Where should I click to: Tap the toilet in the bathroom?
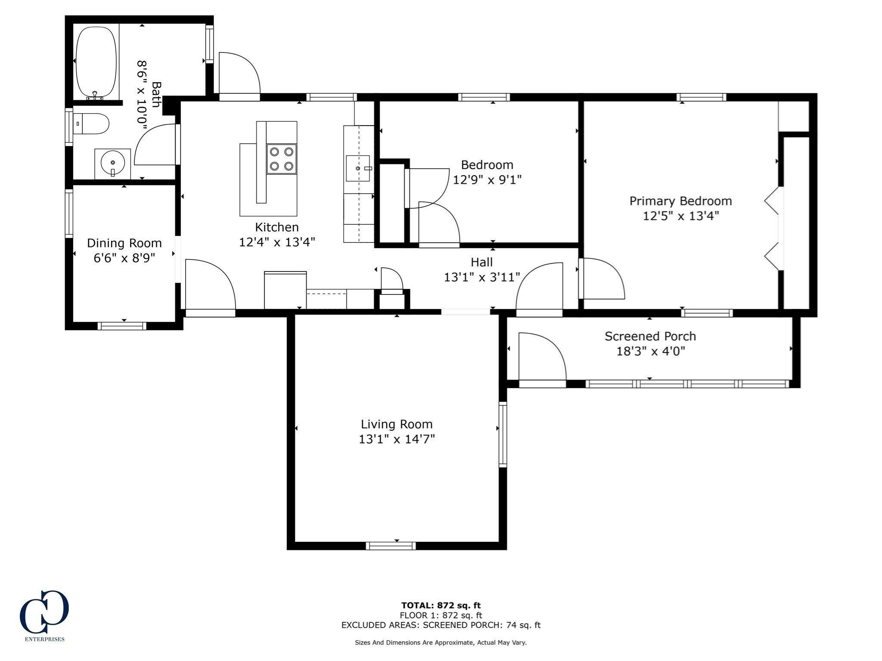click(92, 124)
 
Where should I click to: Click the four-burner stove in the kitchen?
click(282, 159)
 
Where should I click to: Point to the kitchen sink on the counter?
click(357, 168)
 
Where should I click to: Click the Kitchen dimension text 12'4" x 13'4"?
click(277, 242)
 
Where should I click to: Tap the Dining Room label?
click(124, 243)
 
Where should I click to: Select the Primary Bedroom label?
click(680, 201)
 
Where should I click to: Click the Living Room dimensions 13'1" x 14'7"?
click(397, 439)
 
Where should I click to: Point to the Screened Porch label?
click(650, 336)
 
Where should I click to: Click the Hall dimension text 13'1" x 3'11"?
click(482, 277)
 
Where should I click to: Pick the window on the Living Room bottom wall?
click(391, 546)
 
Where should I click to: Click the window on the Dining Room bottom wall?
click(122, 326)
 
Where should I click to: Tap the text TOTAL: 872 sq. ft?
click(441, 605)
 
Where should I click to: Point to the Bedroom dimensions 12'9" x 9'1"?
click(487, 179)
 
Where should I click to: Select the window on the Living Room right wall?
click(503, 434)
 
